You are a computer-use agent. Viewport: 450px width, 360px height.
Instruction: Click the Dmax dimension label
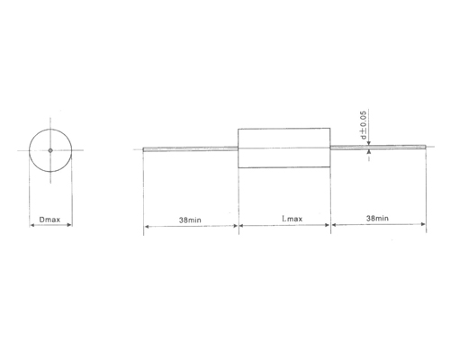51,219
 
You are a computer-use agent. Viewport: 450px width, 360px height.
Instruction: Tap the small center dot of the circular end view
51,149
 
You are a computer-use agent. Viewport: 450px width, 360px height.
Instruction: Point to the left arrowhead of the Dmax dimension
32,226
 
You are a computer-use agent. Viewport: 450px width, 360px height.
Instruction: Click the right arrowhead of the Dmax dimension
70,226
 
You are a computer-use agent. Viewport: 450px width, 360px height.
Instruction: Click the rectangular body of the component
284,148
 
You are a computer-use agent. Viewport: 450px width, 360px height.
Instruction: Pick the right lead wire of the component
378,148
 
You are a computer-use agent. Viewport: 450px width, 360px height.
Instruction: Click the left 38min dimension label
190,219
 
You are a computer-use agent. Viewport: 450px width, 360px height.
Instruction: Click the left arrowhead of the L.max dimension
241,226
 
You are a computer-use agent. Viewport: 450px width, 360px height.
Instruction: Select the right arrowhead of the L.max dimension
328,226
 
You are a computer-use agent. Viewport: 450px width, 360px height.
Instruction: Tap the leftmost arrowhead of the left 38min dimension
146,226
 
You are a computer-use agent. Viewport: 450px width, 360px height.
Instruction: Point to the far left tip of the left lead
144,149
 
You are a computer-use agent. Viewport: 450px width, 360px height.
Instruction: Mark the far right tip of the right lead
425,148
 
